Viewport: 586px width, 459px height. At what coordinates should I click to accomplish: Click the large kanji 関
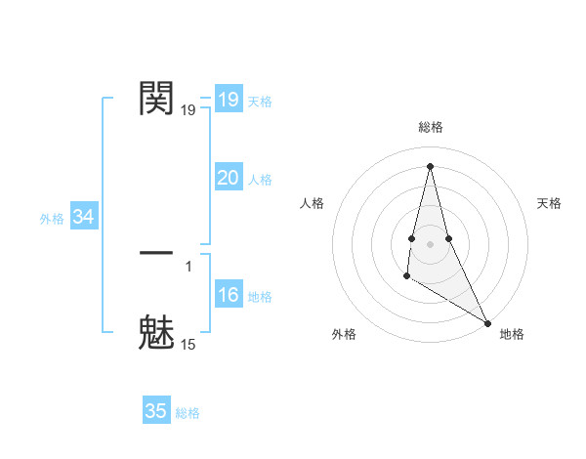tap(157, 99)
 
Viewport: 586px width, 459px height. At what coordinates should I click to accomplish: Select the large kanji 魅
tap(157, 331)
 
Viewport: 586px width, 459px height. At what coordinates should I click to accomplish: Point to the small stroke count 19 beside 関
tap(188, 110)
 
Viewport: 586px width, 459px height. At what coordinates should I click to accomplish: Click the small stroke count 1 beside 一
tap(188, 266)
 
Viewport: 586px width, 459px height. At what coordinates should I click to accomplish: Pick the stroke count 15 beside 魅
tap(188, 344)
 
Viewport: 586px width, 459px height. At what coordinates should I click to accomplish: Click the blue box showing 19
tap(229, 100)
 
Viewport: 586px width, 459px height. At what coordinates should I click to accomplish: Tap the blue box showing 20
tap(229, 178)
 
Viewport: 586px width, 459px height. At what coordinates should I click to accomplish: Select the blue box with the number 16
tap(229, 295)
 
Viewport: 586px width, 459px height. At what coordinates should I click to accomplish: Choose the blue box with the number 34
tap(84, 217)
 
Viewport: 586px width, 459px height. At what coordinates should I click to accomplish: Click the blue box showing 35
tap(156, 411)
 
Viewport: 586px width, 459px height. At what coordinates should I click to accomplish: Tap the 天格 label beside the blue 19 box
tap(260, 102)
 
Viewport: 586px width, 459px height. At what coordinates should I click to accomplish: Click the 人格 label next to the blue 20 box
tap(260, 180)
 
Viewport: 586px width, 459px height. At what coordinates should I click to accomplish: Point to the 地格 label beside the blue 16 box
tap(260, 297)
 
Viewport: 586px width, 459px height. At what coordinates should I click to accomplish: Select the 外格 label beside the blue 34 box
tap(52, 219)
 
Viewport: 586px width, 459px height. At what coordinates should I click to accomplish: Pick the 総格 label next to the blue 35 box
tap(188, 413)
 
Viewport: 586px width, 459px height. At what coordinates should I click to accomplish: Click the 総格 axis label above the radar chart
tap(430, 127)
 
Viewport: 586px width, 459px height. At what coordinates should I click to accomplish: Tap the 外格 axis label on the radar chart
tap(344, 334)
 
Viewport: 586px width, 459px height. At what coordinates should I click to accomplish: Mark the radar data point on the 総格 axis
tap(430, 165)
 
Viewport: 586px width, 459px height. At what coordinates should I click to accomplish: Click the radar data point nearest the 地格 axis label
tap(487, 322)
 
